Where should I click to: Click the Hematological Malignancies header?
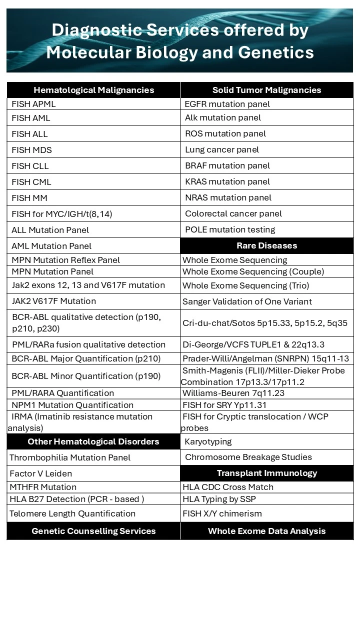click(x=93, y=90)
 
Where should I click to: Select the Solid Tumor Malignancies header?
click(x=266, y=90)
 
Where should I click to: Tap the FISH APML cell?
click(x=34, y=104)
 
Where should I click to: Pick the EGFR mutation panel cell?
click(x=227, y=104)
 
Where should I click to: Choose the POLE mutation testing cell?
click(x=230, y=229)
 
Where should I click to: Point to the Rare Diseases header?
click(x=266, y=245)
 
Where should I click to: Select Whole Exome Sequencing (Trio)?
click(x=245, y=285)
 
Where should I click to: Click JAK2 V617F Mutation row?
click(x=54, y=301)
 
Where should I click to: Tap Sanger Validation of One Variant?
click(x=247, y=301)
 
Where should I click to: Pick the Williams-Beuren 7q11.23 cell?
click(x=233, y=393)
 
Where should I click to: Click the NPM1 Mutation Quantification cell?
click(x=72, y=405)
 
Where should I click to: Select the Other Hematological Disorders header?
click(x=93, y=441)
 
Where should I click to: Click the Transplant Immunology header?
click(x=266, y=473)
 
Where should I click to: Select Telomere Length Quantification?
click(x=72, y=513)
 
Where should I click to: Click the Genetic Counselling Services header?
click(x=93, y=531)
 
